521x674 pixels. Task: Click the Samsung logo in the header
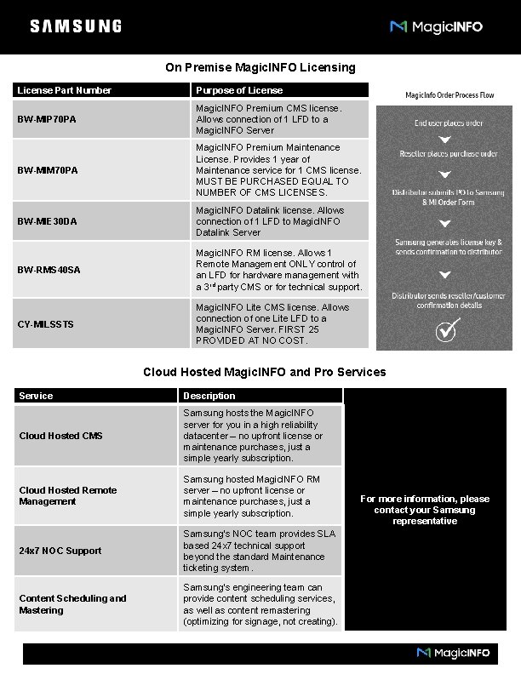point(76,26)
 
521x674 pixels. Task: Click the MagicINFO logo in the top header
point(436,26)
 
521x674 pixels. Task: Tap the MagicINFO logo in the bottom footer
point(453,653)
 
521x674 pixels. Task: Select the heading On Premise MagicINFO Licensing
point(260,67)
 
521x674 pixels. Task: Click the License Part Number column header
point(65,90)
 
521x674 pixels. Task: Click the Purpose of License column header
point(239,90)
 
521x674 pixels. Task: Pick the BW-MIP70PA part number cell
point(48,119)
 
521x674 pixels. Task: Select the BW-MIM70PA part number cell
point(48,170)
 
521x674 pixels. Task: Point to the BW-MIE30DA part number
point(48,221)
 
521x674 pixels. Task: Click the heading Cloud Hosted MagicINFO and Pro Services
point(264,372)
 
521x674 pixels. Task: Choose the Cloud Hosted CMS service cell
point(60,436)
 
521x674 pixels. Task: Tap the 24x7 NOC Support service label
point(60,551)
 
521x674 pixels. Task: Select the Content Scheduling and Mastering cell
point(72,604)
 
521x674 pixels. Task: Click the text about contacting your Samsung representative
point(425,510)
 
